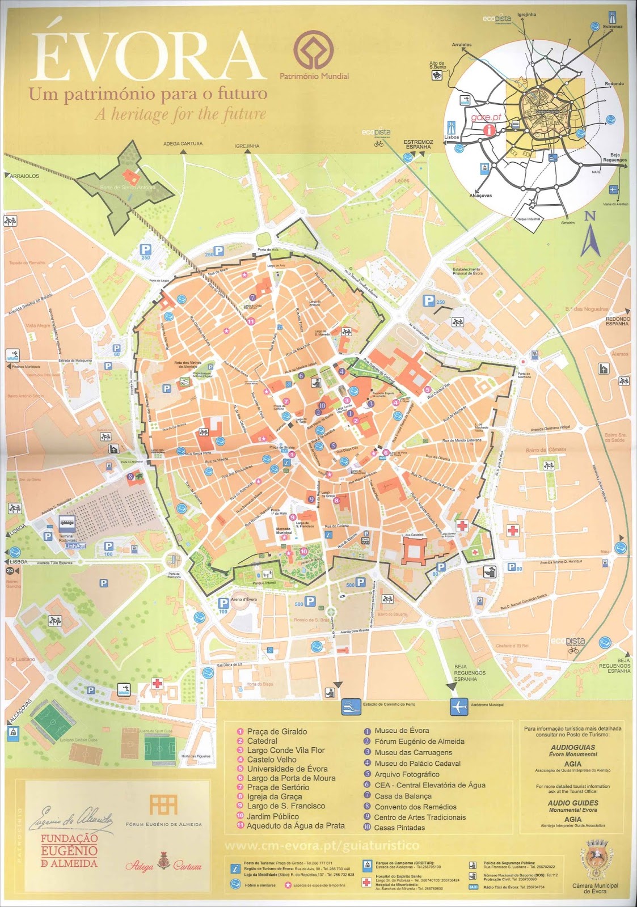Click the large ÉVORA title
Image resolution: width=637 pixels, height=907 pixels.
[149, 56]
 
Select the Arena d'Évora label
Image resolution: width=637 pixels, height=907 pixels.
[244, 600]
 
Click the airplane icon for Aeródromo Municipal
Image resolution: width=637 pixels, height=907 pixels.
[459, 707]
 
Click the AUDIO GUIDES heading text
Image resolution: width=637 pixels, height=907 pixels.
[573, 803]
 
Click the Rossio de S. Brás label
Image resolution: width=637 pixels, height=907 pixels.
[311, 620]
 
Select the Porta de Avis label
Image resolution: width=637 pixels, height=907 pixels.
[267, 250]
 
